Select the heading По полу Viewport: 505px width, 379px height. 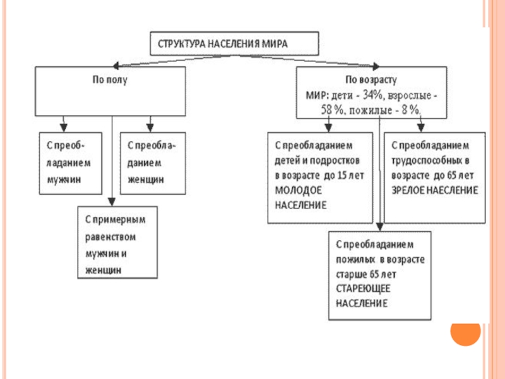pyautogui.click(x=110, y=81)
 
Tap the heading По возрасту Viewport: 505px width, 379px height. pyautogui.click(x=370, y=81)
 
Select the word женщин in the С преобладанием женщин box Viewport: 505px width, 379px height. pyautogui.click(x=146, y=179)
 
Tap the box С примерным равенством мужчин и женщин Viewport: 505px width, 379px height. pyautogui.click(x=117, y=243)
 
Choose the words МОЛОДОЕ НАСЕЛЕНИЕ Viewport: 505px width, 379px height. pyautogui.click(x=301, y=198)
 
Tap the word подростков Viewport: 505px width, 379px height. pyautogui.click(x=340, y=159)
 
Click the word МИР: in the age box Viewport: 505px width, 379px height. pyautogui.click(x=315, y=95)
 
